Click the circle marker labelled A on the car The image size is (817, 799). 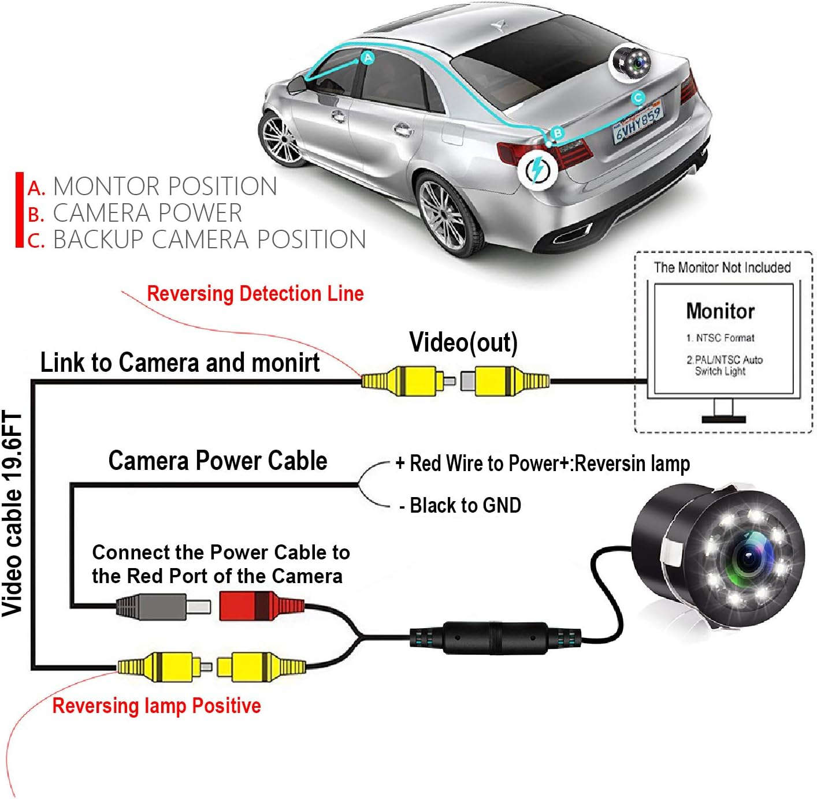pos(367,58)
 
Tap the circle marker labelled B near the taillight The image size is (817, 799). pos(557,133)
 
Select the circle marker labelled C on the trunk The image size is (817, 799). pos(638,98)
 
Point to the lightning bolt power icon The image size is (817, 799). pos(537,169)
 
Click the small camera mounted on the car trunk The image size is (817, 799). pos(631,61)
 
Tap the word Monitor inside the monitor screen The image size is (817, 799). pos(720,311)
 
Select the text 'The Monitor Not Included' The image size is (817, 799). pos(722,267)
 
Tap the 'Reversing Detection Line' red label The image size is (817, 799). pos(255,293)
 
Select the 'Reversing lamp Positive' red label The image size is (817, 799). pos(157,705)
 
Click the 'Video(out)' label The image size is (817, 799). pos(463,342)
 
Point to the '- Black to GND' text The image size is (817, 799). pos(461,505)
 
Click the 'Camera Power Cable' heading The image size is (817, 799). pos(218,461)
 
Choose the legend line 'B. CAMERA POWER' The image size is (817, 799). pos(135,213)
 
